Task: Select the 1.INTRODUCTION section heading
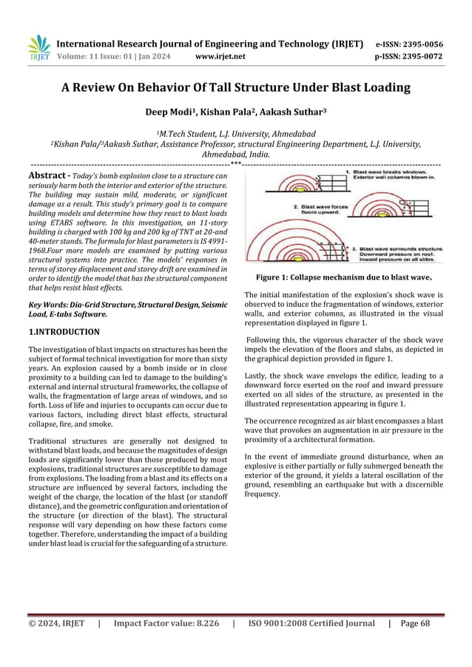[64, 332]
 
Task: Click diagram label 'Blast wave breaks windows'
[390, 171]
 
